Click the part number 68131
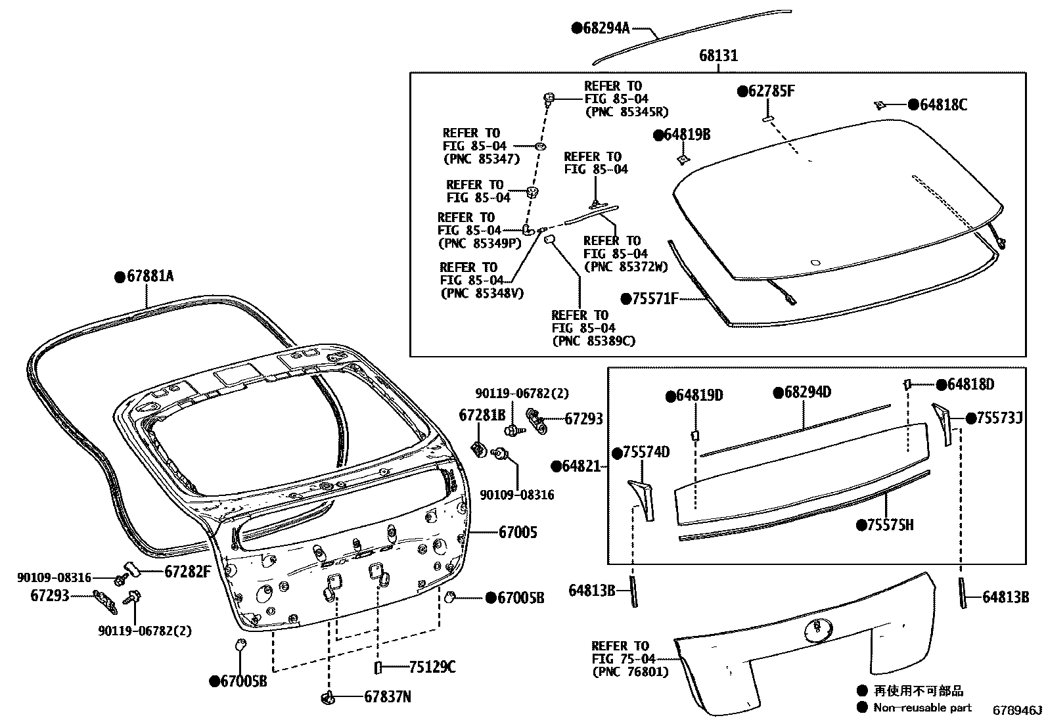click(x=718, y=56)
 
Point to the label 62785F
click(x=771, y=91)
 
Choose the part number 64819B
click(x=687, y=135)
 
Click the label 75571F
click(x=654, y=299)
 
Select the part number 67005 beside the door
click(x=517, y=532)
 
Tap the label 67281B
click(x=482, y=415)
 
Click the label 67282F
click(x=187, y=571)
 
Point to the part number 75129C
click(x=432, y=667)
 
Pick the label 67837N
click(x=387, y=697)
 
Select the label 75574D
click(x=646, y=453)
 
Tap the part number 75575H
click(x=890, y=525)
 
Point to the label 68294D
click(x=807, y=393)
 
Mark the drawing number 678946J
click(x=1017, y=710)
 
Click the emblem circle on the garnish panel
click(x=817, y=629)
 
